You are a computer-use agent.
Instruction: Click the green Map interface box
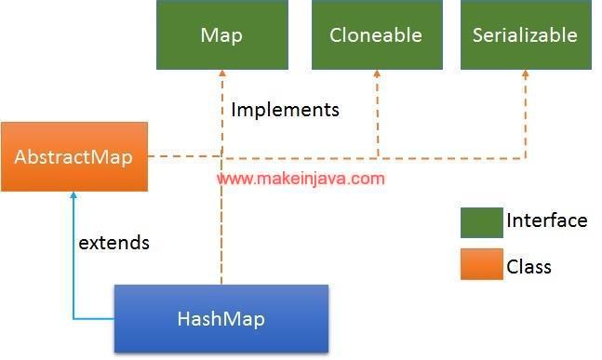pos(221,35)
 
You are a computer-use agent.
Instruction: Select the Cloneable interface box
pos(375,35)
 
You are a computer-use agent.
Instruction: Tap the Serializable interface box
pos(525,35)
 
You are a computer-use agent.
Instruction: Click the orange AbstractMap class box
pos(74,156)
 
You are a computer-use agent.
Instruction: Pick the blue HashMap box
pos(221,318)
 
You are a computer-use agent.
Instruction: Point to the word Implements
pos(285,110)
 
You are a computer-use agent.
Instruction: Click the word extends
pos(114,243)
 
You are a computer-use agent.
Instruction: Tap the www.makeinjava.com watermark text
pos(301,178)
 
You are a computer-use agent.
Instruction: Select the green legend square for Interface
pos(481,222)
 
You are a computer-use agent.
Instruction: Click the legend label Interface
pos(546,221)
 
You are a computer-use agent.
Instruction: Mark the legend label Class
pos(528,267)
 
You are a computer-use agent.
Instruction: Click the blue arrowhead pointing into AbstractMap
pos(73,197)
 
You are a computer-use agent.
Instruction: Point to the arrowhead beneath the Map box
pos(221,75)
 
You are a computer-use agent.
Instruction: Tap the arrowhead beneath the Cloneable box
pos(376,75)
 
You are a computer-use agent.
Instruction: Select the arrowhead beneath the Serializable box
pos(526,75)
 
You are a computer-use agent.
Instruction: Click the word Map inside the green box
pos(221,36)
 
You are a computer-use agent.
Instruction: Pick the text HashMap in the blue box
pos(221,319)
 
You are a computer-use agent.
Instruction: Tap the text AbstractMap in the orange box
pos(74,156)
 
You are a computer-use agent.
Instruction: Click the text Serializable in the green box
pos(525,36)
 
